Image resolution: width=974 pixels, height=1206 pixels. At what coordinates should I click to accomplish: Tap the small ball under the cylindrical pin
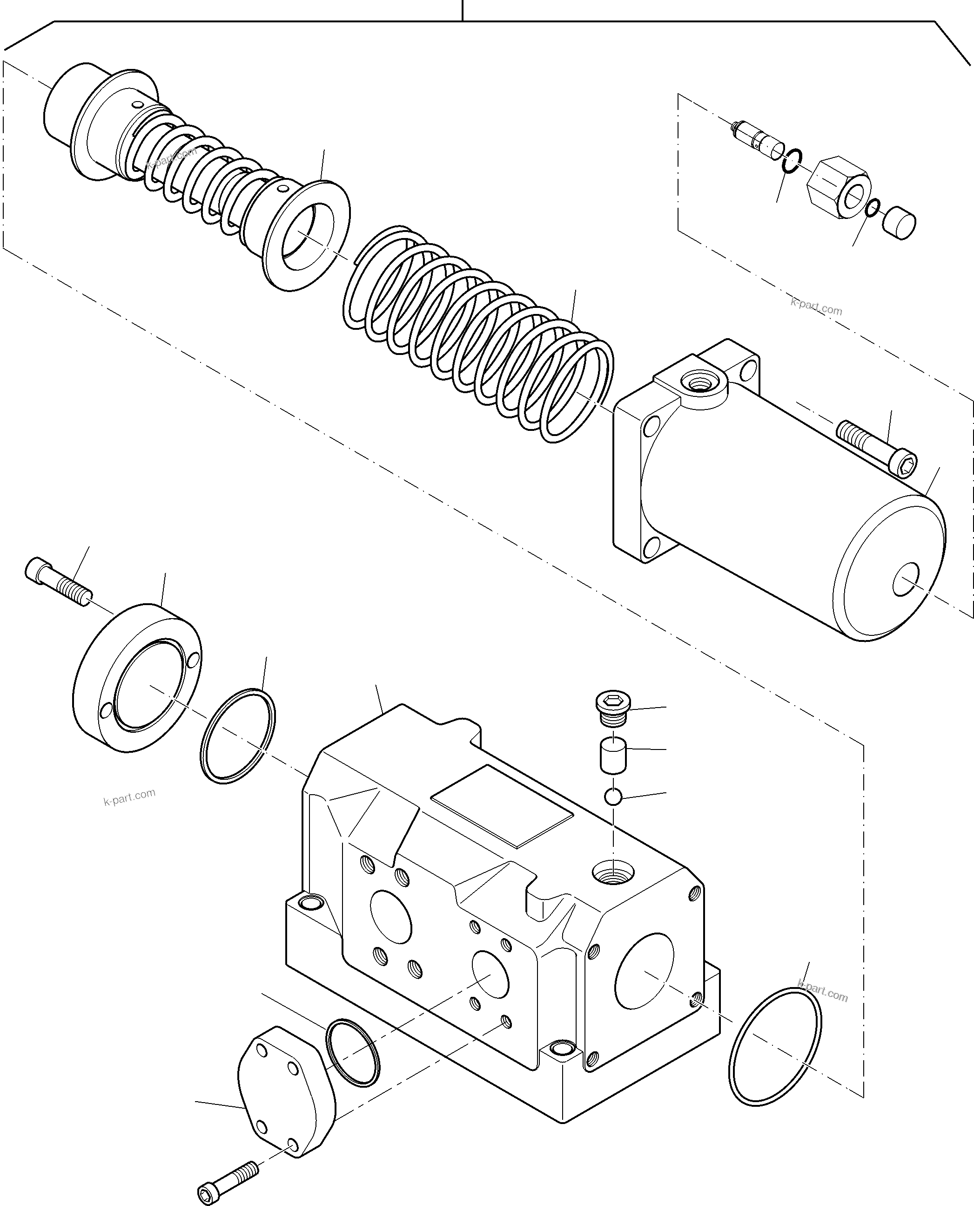[613, 796]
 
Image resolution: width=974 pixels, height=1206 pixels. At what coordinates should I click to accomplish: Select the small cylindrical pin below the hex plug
[613, 755]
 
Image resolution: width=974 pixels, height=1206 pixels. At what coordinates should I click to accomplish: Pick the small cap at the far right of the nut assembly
[899, 224]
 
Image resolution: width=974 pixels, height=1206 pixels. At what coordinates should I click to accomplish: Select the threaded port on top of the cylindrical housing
[699, 385]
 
